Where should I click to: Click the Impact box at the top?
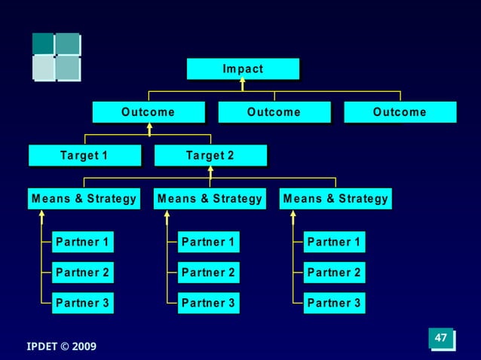(x=243, y=69)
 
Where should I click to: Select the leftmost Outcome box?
(x=149, y=112)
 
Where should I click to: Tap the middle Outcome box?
(x=274, y=112)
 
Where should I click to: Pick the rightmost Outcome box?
(x=400, y=112)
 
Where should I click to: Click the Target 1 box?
(x=84, y=156)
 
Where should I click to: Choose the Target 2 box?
(x=210, y=156)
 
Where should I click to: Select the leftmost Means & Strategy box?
(x=84, y=199)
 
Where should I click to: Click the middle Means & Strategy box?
(x=210, y=199)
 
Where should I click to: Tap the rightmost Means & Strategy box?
(x=335, y=199)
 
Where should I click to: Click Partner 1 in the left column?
(x=83, y=243)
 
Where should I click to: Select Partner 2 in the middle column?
(x=209, y=273)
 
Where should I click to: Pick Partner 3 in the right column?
(x=335, y=304)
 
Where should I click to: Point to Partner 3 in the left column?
(x=83, y=304)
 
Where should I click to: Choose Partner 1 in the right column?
(x=335, y=243)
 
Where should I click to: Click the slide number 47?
(x=441, y=338)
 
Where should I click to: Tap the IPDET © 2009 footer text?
(x=62, y=346)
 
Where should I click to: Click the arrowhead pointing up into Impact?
(x=243, y=82)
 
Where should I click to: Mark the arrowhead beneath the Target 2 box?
(x=210, y=169)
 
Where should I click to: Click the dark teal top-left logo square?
(x=43, y=44)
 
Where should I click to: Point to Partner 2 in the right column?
(x=335, y=273)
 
